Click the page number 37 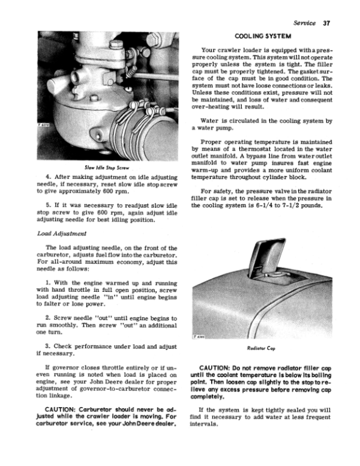(x=326, y=23)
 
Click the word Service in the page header (x=305, y=23)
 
